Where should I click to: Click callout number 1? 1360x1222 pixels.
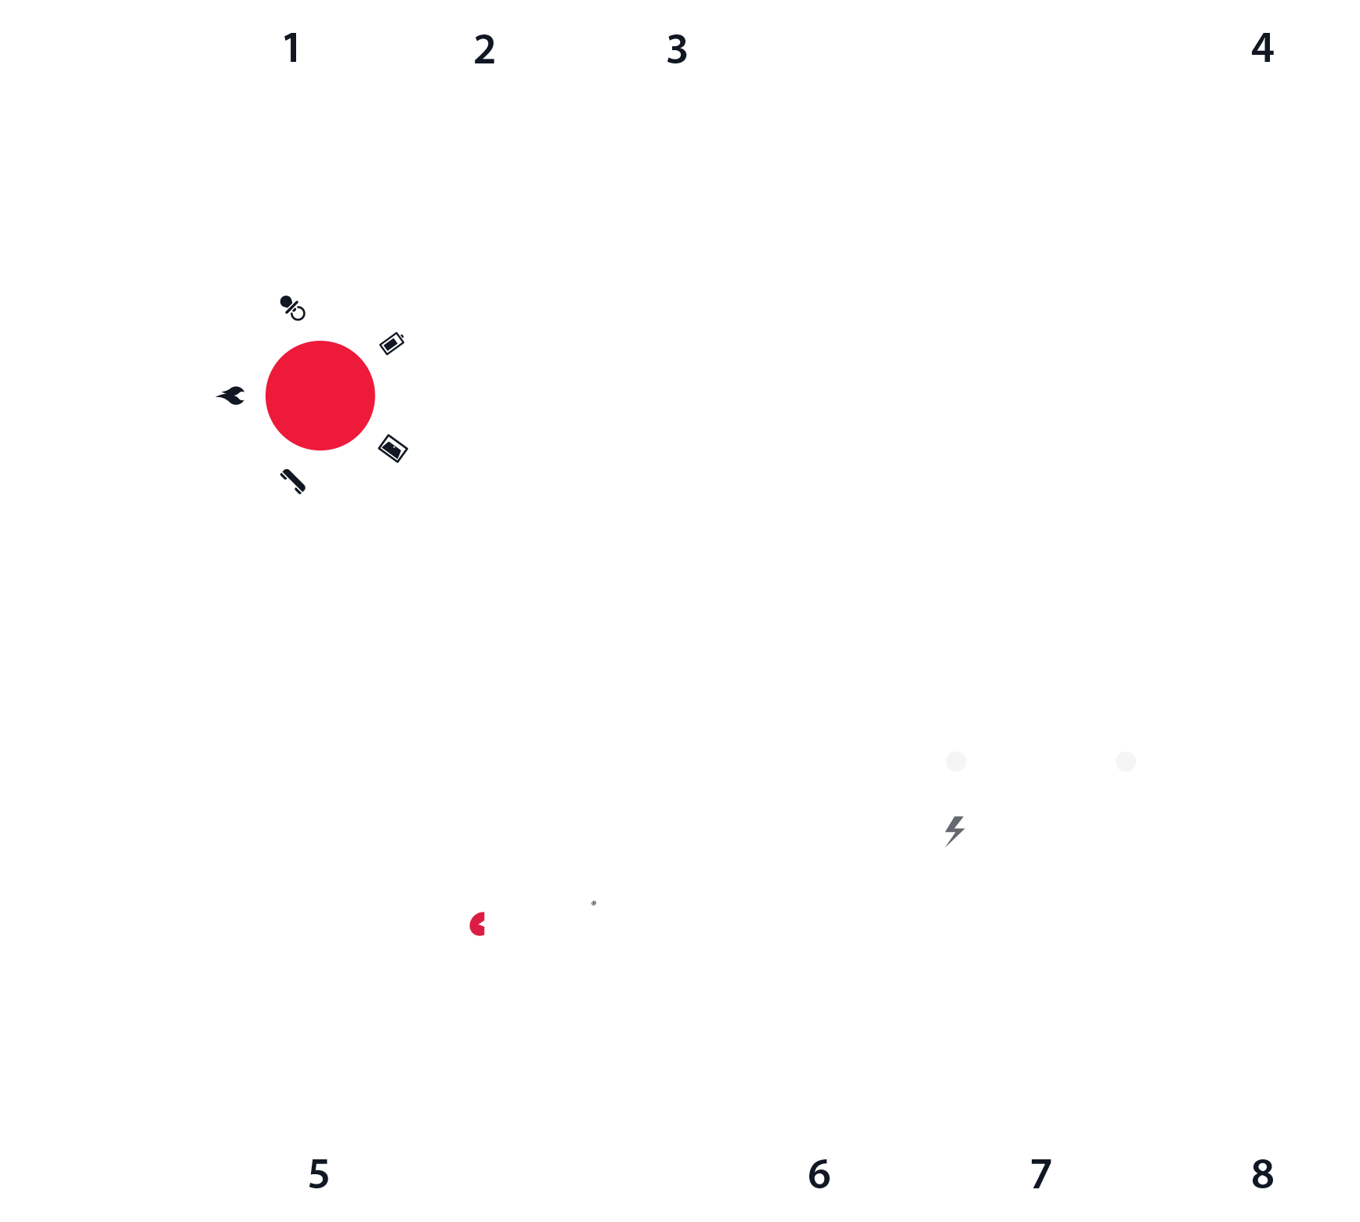pos(292,48)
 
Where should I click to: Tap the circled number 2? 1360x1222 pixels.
pos(484,49)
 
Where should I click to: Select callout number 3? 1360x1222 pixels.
pos(677,49)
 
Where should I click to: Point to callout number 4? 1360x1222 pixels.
pos(1262,48)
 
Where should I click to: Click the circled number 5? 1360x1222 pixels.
pos(319,1173)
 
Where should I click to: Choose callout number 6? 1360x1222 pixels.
pos(819,1173)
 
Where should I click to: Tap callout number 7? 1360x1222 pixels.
pos(1040,1173)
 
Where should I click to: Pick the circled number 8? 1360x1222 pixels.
pos(1262,1173)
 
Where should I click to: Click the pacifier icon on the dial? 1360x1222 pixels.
pos(292,308)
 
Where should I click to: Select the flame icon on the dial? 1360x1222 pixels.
pos(231,396)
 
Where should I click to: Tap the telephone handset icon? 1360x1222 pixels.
pos(293,481)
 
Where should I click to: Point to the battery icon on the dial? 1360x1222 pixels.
pos(392,343)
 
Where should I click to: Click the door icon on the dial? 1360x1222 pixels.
pos(392,448)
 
